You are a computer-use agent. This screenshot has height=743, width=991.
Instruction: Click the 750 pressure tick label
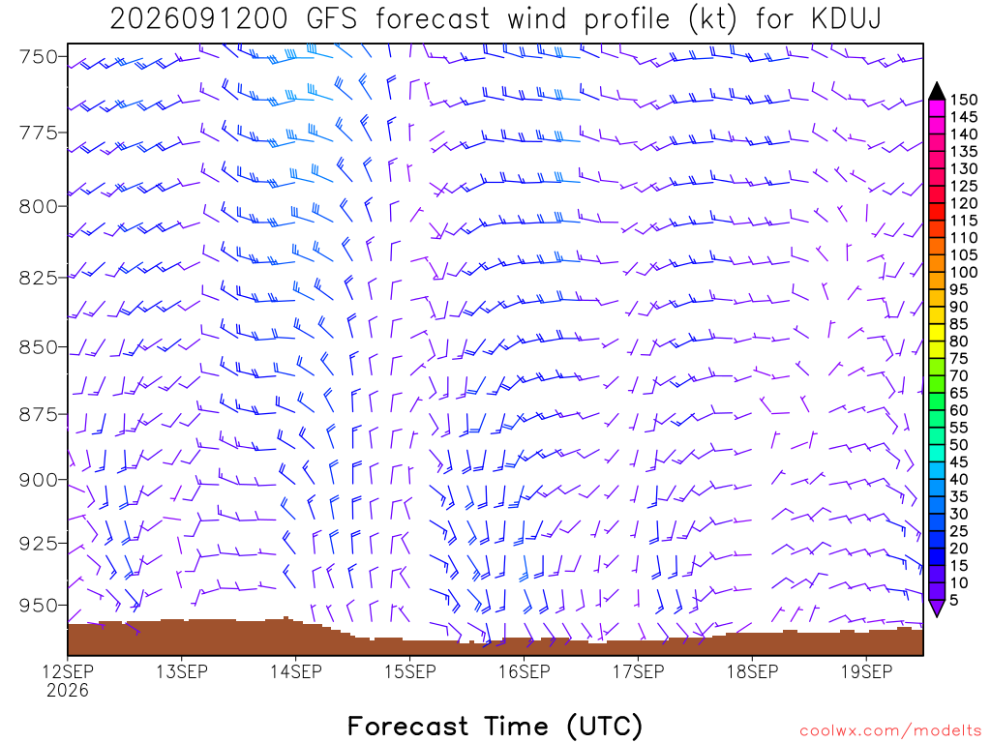coord(39,57)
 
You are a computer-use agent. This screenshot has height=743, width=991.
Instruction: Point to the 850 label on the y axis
coord(39,347)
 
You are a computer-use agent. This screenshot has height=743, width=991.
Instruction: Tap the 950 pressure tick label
coord(39,606)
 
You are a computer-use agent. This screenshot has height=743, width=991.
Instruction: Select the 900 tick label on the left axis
coord(39,480)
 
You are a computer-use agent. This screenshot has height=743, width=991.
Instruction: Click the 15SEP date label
coord(410,671)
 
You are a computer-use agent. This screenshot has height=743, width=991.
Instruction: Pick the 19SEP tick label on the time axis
coord(866,671)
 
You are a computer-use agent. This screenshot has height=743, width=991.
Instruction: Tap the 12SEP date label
coord(68,671)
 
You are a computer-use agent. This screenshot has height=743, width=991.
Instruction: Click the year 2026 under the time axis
coord(68,691)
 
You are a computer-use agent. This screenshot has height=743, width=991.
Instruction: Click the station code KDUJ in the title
coord(846,19)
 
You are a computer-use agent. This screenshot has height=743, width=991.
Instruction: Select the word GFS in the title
coord(332,19)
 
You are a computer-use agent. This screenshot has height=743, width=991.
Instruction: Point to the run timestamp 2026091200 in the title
coord(198,19)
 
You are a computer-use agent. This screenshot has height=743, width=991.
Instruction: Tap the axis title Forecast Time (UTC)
coord(495,726)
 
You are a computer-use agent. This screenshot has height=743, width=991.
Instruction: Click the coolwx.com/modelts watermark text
coord(890,730)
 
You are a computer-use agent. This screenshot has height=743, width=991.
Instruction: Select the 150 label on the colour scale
coord(964,100)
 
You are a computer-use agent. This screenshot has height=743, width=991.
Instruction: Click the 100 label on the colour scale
coord(964,272)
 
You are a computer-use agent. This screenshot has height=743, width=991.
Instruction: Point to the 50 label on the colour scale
coord(959,445)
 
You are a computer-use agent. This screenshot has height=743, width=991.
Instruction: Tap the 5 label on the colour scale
coord(954,600)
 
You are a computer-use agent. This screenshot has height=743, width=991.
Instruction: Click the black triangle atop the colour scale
coord(937,92)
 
